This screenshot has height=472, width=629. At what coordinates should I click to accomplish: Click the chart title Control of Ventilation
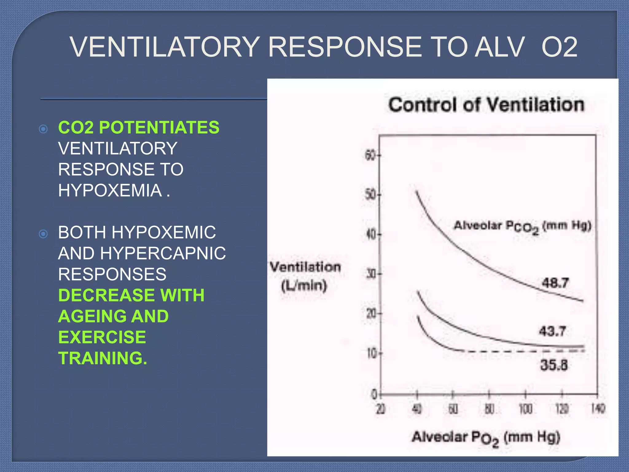pos(486,105)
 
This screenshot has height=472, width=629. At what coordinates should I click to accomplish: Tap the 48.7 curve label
pos(555,283)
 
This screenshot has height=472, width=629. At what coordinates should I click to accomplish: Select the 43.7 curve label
pos(552,331)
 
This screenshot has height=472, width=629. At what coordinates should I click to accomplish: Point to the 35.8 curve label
pos(554,365)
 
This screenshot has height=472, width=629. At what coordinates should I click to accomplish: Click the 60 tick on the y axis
pos(370,155)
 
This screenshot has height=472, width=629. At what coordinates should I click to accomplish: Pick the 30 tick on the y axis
pos(371,273)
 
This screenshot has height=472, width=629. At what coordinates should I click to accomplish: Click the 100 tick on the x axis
pos(525,409)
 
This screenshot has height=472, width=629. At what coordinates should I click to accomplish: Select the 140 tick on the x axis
pos(598,409)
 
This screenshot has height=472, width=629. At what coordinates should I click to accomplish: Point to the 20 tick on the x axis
pos(381,409)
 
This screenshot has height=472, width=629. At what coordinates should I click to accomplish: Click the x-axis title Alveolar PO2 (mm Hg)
pos(486,438)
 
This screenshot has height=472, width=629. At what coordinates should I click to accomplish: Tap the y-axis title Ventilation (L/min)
pos(305,276)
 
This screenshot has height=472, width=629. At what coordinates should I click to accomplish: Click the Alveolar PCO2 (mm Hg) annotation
pos(522,226)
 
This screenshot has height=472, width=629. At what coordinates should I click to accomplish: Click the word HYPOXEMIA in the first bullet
pos(110,190)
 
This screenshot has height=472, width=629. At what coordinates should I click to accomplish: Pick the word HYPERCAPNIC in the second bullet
pos(163,253)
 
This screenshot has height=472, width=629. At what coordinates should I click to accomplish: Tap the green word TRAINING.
pos(103,358)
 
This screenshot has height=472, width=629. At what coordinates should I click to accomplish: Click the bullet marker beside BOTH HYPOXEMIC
pos(44,234)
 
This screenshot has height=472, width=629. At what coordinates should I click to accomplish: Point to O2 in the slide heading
pos(559,47)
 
